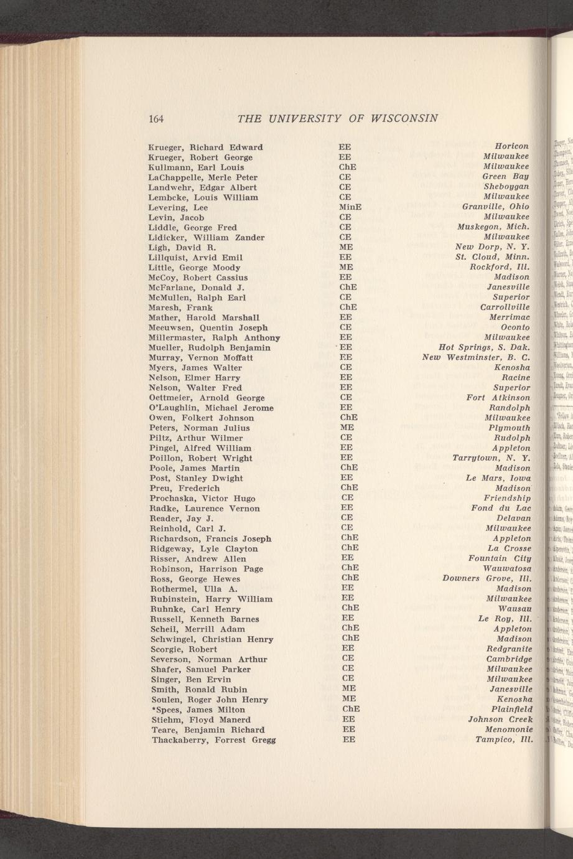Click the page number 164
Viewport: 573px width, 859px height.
[156, 118]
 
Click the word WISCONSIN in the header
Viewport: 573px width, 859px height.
[405, 118]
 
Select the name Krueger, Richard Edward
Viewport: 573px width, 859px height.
[205, 147]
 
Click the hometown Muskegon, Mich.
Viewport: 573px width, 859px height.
[493, 227]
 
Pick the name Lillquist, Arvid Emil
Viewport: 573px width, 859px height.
[196, 257]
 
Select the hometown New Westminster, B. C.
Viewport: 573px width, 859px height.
[476, 357]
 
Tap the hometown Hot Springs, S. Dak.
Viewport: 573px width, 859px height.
[484, 347]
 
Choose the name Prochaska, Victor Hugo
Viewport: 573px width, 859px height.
[200, 498]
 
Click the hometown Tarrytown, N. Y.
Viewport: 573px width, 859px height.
[491, 458]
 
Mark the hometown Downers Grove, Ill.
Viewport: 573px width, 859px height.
[487, 578]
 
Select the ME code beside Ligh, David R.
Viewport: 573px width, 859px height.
[346, 247]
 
